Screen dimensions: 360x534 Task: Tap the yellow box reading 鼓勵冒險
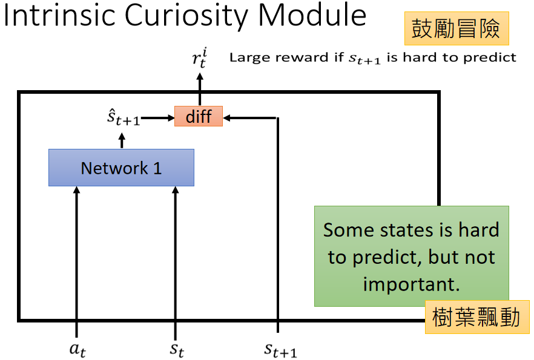457,28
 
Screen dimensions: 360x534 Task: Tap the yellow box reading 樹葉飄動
476,317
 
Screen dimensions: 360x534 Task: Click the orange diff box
199,116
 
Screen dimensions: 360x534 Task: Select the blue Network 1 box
121,168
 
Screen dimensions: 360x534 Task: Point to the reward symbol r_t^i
199,58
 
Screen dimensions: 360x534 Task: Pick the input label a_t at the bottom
77,349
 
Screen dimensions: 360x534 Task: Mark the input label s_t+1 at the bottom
280,349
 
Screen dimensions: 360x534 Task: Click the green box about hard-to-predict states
411,256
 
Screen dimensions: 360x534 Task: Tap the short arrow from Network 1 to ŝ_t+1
122,140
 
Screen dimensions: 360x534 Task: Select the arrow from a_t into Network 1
77,254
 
